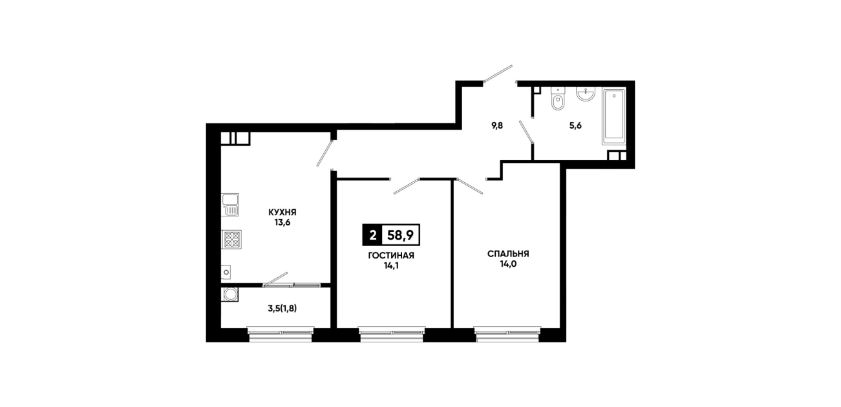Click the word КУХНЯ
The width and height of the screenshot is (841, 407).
click(282, 213)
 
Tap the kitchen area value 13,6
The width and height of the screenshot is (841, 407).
click(282, 222)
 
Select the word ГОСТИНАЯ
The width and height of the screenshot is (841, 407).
click(391, 256)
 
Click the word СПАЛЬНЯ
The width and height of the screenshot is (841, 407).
click(508, 254)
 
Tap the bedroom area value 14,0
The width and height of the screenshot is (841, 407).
click(508, 264)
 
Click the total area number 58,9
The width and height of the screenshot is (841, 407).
click(401, 235)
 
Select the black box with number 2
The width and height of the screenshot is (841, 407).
click(372, 235)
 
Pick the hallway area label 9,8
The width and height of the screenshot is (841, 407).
click(497, 126)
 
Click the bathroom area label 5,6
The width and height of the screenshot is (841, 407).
click(575, 126)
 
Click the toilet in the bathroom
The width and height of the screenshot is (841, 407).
click(559, 99)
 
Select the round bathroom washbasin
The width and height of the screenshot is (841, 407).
click(585, 94)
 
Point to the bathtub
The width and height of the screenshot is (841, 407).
click(614, 116)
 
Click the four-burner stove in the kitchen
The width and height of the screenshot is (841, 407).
click(231, 239)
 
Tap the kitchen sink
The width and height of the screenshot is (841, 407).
click(230, 205)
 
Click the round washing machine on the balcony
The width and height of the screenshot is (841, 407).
click(231, 295)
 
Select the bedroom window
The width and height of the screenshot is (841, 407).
click(507, 334)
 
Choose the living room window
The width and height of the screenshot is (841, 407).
click(392, 334)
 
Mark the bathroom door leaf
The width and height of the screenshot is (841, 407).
click(526, 132)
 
